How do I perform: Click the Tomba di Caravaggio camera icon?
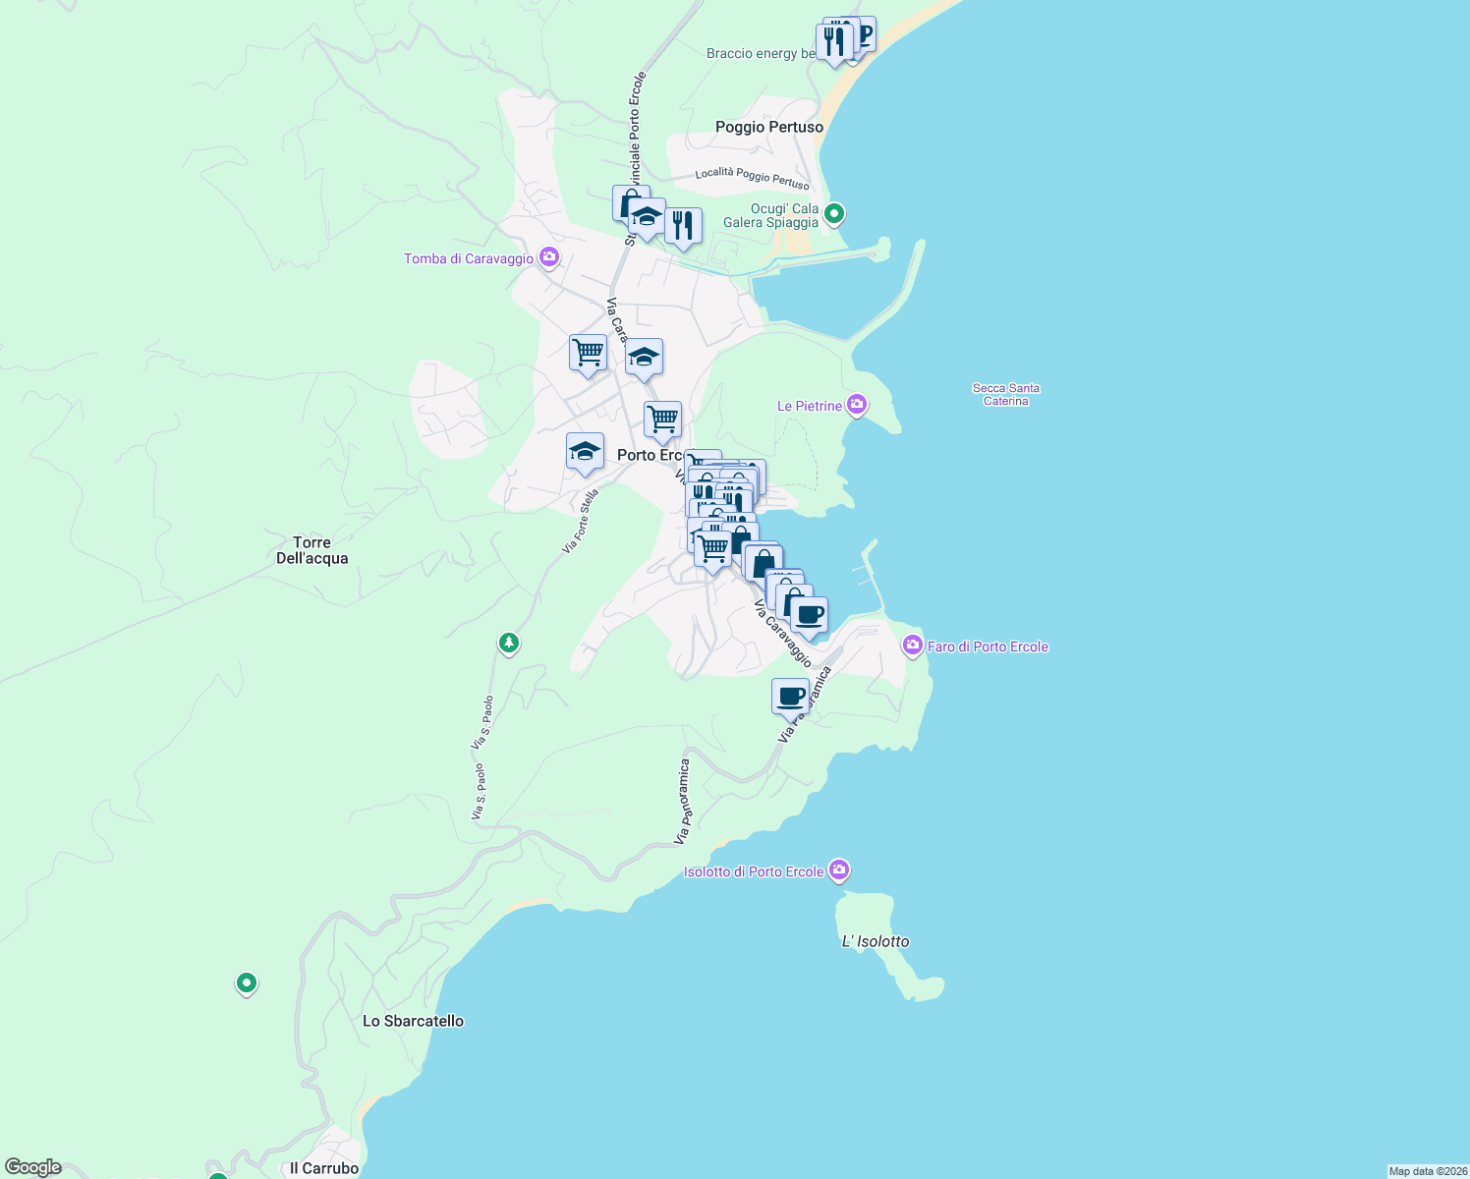coord(549,257)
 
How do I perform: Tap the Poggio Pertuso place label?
coord(769,127)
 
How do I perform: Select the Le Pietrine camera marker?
coord(857,404)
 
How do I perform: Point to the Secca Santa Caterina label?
coord(1005,394)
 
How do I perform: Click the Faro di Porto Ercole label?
coord(988,646)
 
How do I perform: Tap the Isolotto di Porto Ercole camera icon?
coord(838,870)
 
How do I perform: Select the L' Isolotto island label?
coord(876,941)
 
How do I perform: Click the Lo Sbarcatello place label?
coord(413,1021)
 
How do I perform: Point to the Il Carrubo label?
coord(324,1168)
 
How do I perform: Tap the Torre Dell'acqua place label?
coord(312,550)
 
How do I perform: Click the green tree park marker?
coord(508,643)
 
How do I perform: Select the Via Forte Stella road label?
coord(580,522)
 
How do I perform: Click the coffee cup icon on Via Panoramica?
coord(790,697)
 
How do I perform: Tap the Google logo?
coord(32,1167)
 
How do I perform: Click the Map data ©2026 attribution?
coord(1427,1171)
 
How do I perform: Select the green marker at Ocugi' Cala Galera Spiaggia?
coord(834,212)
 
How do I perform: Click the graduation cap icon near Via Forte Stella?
coord(585,452)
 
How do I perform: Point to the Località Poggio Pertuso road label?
coord(752,178)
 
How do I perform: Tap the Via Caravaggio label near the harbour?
coord(782,634)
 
